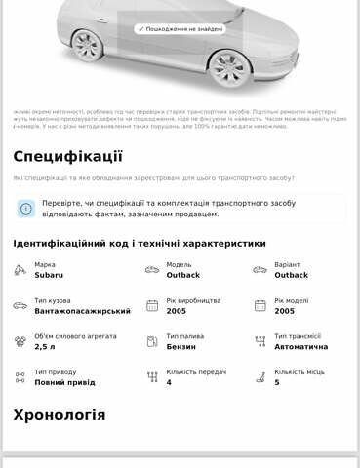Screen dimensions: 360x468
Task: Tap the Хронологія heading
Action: (x=60, y=415)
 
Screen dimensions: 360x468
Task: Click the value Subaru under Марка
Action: (x=49, y=275)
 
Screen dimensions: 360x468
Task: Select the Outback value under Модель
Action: (x=183, y=275)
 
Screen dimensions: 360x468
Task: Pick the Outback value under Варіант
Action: (x=292, y=275)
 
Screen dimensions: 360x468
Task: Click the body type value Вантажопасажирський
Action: (x=82, y=311)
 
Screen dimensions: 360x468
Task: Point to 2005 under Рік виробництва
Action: (x=176, y=311)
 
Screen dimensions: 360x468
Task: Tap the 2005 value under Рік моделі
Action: (x=285, y=311)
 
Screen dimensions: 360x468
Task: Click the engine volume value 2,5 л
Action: (x=44, y=347)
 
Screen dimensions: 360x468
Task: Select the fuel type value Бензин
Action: (x=181, y=347)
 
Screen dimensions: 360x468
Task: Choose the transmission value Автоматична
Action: (x=301, y=347)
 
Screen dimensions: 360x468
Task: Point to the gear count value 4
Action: (x=169, y=382)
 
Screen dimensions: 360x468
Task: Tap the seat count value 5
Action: (x=277, y=382)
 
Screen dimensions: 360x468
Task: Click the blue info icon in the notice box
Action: (x=26, y=209)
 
